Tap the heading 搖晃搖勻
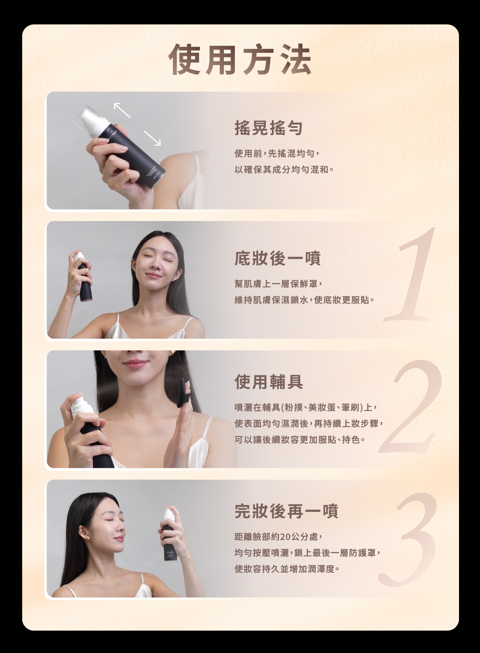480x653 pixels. point(268,128)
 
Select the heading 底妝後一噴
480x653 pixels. point(277,258)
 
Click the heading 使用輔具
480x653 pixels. point(269,382)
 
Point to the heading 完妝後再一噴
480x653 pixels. point(286,511)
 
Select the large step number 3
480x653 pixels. point(409,539)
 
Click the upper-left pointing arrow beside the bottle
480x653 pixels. point(122,110)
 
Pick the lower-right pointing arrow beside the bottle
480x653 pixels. point(152,138)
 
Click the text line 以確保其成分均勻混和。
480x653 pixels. point(284,170)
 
